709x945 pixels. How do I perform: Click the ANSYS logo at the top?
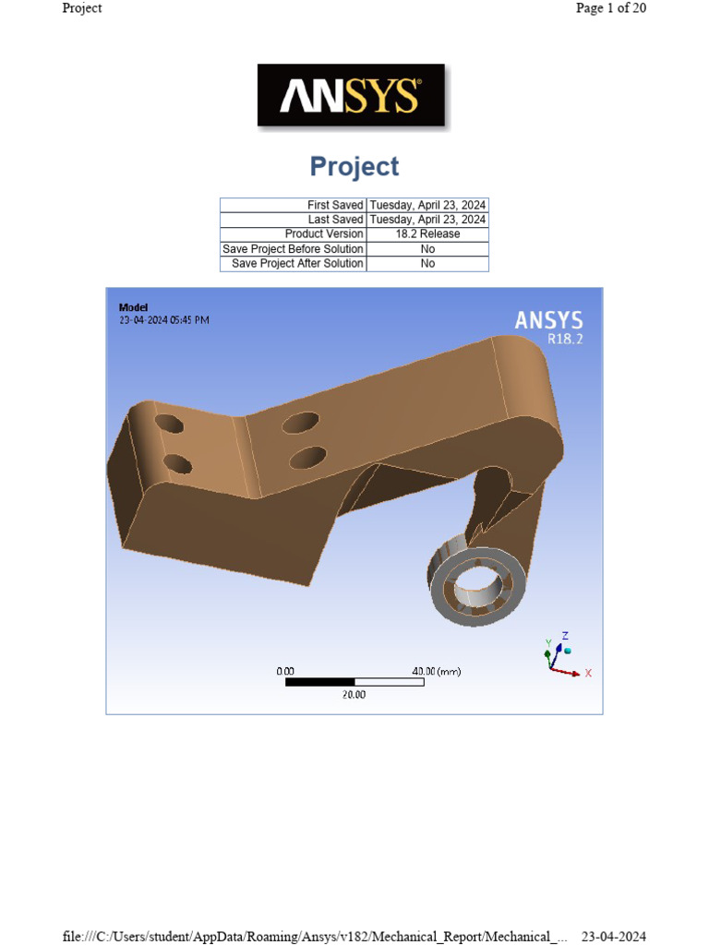point(351,95)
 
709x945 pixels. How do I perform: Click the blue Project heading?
point(354,167)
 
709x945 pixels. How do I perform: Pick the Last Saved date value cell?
point(427,220)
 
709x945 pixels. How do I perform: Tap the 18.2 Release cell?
point(427,234)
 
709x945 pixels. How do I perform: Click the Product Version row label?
point(323,234)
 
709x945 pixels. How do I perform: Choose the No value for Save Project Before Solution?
point(427,249)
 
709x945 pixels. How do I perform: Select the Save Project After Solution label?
point(297,264)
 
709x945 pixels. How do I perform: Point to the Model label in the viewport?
point(133,307)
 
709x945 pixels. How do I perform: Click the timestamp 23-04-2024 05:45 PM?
point(163,320)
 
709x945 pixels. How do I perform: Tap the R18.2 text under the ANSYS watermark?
point(565,340)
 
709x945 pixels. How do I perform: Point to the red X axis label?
point(588,674)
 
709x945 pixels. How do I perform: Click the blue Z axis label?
point(565,636)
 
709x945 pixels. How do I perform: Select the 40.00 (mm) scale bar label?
point(436,672)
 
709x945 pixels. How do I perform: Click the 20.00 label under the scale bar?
point(354,695)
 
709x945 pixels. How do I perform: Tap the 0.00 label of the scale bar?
point(285,672)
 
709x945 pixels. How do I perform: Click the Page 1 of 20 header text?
point(610,8)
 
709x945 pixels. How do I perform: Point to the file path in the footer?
point(314,937)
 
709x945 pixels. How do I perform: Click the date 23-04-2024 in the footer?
point(613,937)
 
